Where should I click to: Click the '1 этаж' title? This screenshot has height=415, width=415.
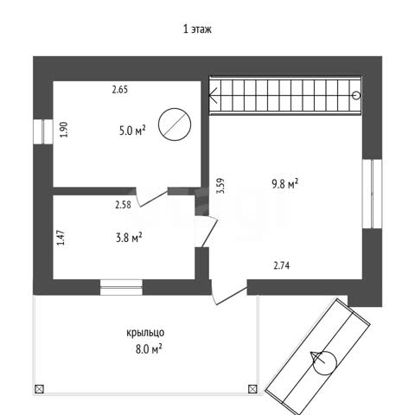(x=197, y=29)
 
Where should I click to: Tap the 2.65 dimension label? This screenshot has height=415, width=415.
(x=120, y=90)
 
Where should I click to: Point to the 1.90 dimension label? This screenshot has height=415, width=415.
(x=64, y=130)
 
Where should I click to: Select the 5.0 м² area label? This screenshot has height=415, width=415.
(x=132, y=131)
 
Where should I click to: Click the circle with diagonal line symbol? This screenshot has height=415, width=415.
(x=175, y=124)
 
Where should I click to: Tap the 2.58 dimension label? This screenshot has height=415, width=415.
(x=123, y=205)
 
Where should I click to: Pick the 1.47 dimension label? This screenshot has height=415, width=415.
(x=61, y=238)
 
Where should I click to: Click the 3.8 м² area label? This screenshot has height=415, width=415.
(x=129, y=238)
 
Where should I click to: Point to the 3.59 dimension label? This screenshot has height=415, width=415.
(x=220, y=186)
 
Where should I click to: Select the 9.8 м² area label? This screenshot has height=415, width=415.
(x=284, y=183)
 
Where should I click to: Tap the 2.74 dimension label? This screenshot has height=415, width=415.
(x=282, y=265)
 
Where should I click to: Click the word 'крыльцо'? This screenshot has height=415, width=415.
(x=145, y=333)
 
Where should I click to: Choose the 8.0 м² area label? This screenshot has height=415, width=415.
(x=149, y=349)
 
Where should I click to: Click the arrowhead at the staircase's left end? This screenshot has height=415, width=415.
(x=213, y=95)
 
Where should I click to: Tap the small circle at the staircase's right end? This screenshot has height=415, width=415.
(x=356, y=95)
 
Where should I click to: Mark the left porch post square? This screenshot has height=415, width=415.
(x=39, y=389)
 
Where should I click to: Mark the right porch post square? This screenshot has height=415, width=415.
(x=252, y=389)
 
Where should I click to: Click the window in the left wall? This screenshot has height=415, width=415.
(x=43, y=131)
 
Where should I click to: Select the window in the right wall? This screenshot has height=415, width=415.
(x=372, y=194)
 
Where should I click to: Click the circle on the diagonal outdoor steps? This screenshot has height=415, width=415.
(x=325, y=363)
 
